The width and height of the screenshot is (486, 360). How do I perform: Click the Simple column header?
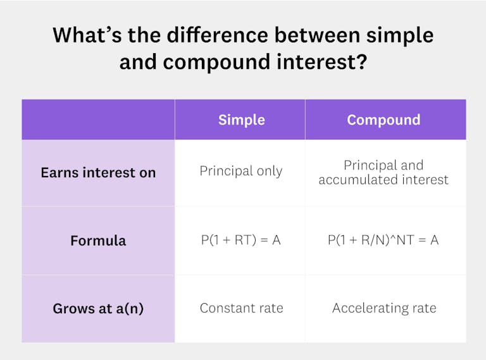241,120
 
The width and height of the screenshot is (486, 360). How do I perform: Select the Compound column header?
383,120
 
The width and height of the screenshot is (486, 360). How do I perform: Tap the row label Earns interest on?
98,173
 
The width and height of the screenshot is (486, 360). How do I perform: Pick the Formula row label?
98,240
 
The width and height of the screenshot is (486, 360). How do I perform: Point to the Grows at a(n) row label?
98,309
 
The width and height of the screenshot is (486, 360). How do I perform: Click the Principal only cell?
241,171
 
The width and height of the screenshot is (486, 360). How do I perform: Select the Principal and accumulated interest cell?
383,173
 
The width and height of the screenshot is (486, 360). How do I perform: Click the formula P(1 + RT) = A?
240,240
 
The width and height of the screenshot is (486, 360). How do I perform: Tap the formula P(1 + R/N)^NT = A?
383,240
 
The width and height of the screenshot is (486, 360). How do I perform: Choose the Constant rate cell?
241,309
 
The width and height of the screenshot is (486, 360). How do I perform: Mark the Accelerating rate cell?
384,309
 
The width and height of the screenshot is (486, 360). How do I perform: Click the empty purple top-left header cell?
98,120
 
